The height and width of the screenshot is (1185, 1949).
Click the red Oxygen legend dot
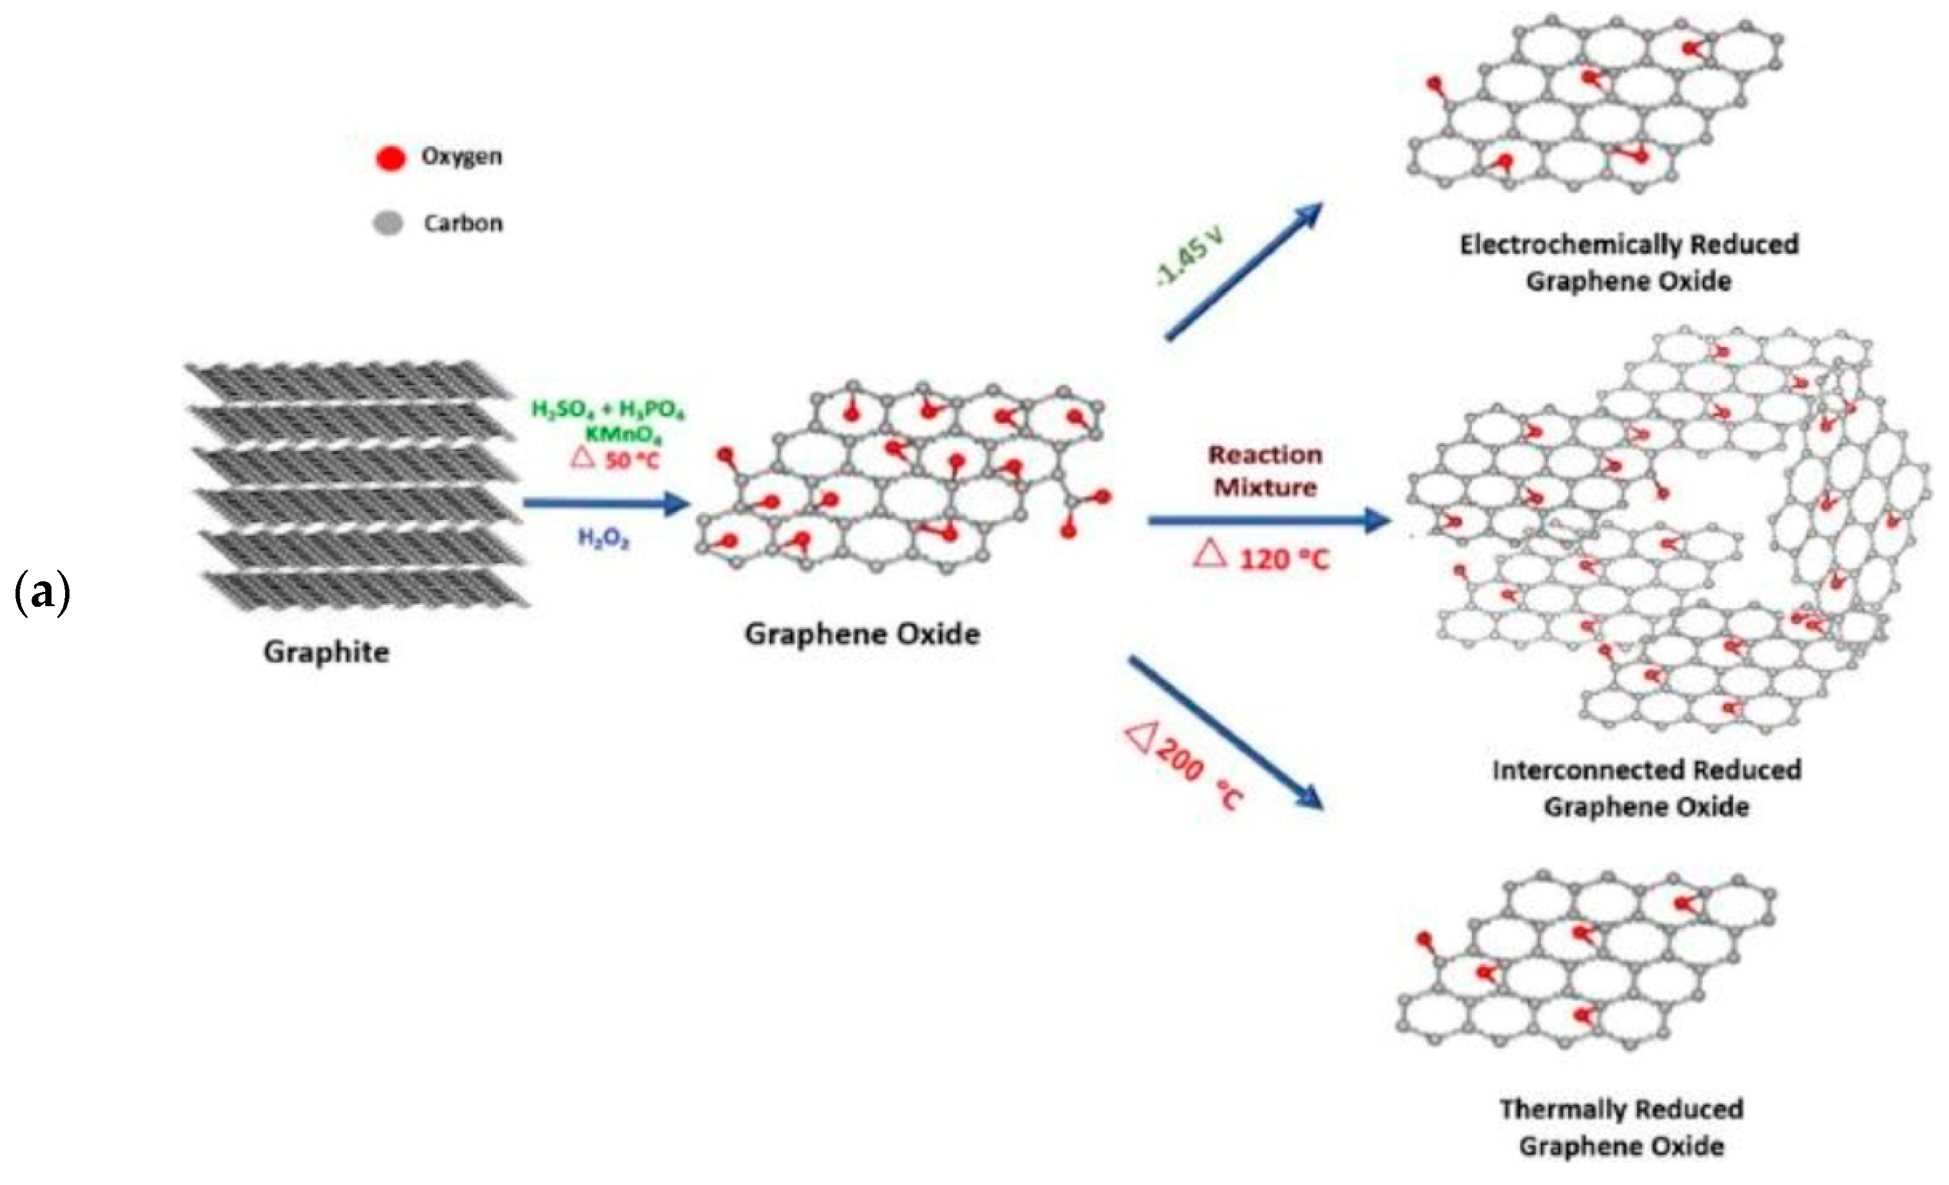tap(390, 158)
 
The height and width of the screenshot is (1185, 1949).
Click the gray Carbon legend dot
tap(388, 224)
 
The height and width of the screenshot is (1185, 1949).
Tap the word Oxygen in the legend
tap(461, 156)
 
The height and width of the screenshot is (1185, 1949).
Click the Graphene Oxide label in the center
tap(862, 633)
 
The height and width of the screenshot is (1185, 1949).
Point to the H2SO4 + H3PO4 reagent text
tap(607, 409)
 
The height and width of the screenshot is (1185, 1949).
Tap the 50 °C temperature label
tap(630, 460)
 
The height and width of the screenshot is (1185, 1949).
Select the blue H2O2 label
tap(604, 539)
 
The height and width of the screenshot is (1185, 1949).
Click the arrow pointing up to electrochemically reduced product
tap(1244, 271)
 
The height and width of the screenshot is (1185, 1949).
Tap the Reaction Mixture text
tap(1265, 471)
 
